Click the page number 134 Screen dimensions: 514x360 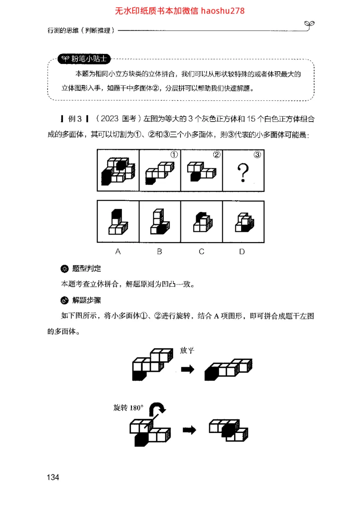tap(53, 478)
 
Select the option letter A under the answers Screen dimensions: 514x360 tap(118, 252)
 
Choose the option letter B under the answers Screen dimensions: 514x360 tap(159, 252)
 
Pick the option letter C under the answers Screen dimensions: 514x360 tap(201, 252)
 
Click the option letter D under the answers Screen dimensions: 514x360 tap(242, 252)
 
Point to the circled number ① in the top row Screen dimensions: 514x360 tap(174, 155)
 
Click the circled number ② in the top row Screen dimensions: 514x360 tap(216, 155)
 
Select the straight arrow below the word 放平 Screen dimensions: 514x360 tap(187, 369)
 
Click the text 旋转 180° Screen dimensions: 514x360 tap(128, 408)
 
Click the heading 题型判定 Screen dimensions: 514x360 tap(86, 269)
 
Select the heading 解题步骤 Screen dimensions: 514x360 tap(86, 300)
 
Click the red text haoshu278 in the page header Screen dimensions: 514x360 tap(223, 10)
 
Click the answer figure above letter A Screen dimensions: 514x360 tap(117, 222)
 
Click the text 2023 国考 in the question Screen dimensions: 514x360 tap(117, 119)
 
